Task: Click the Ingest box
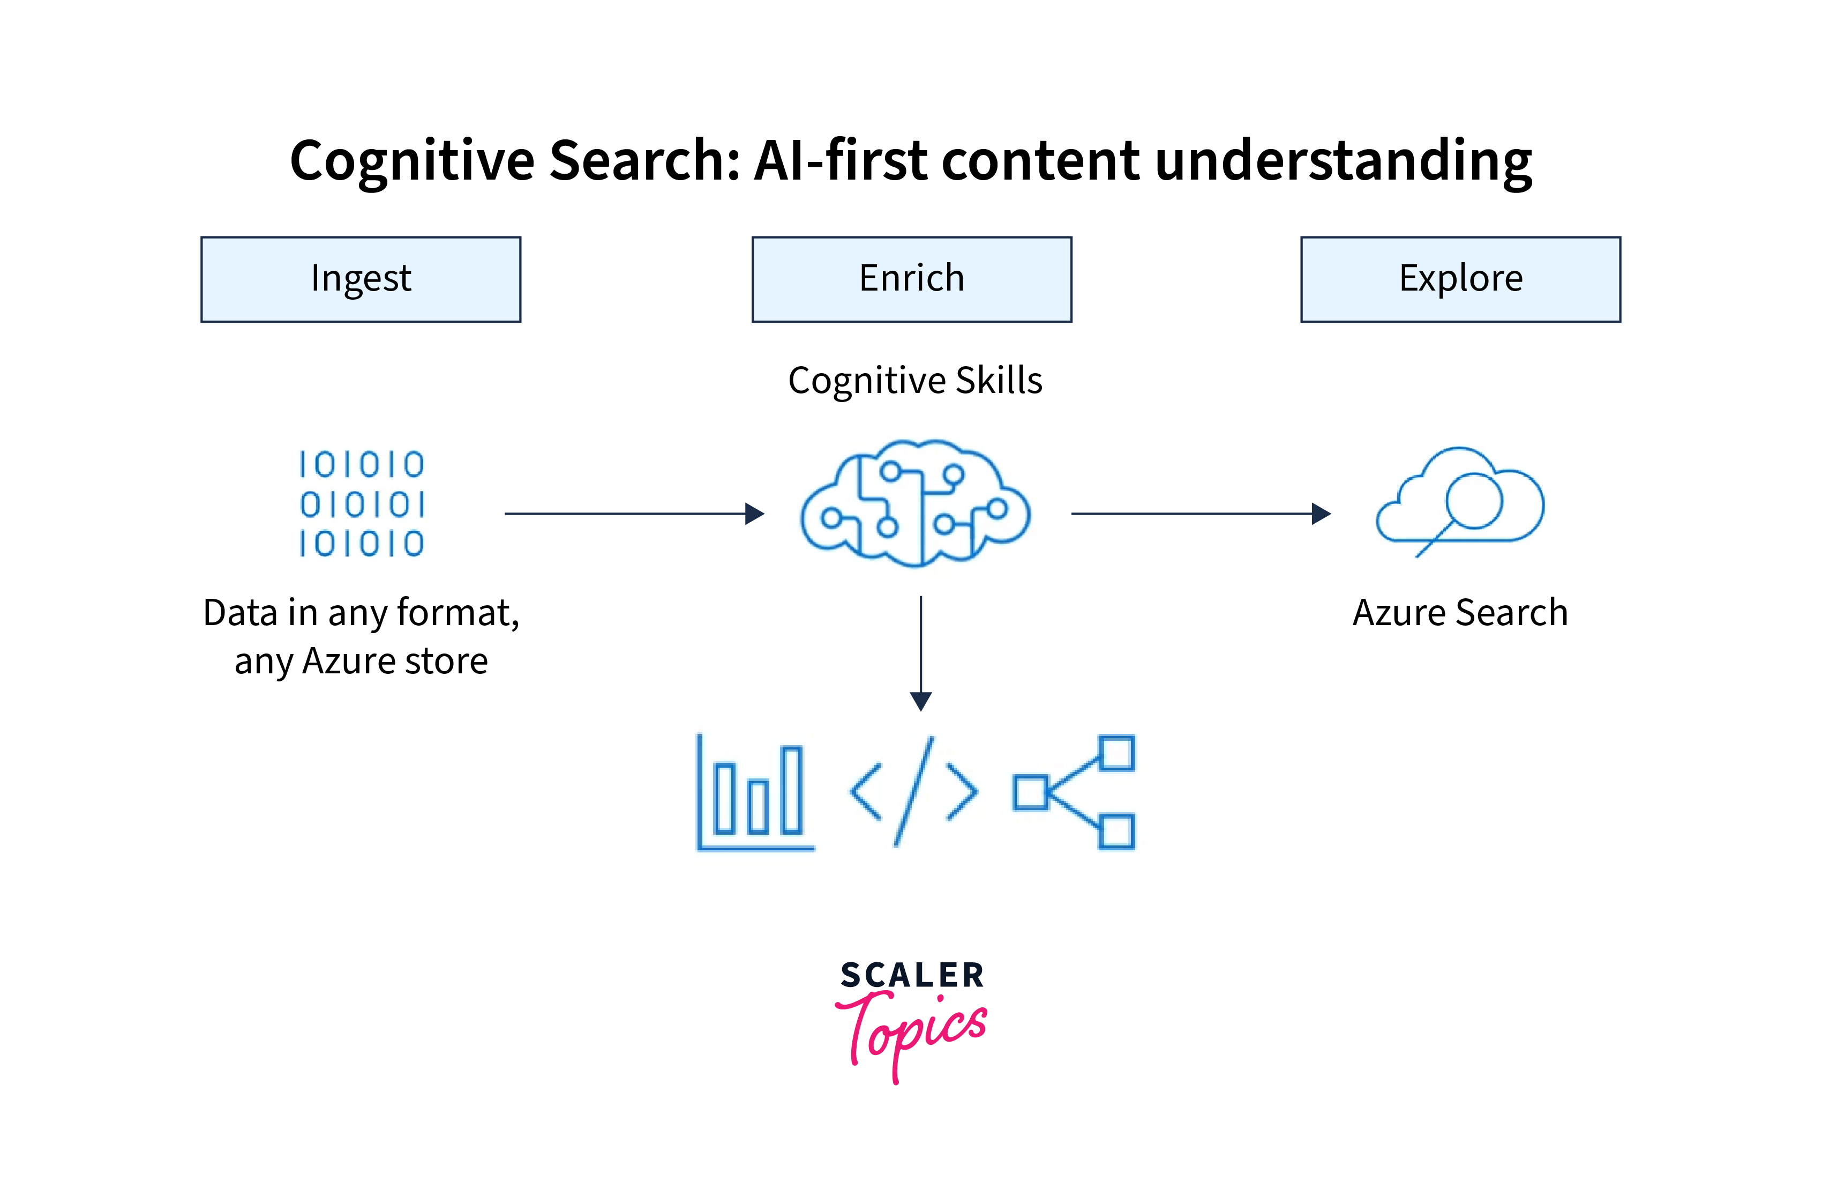click(x=361, y=279)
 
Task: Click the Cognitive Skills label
click(x=915, y=381)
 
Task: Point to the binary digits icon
click(x=361, y=503)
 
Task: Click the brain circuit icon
click(x=915, y=503)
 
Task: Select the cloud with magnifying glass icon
click(x=1460, y=502)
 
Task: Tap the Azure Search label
click(x=1460, y=613)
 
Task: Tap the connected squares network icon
click(x=1073, y=793)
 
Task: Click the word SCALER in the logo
click(x=912, y=975)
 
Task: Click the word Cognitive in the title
click(x=412, y=161)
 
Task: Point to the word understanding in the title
click(x=1343, y=161)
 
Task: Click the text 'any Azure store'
click(x=361, y=661)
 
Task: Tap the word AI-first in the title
click(x=841, y=161)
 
